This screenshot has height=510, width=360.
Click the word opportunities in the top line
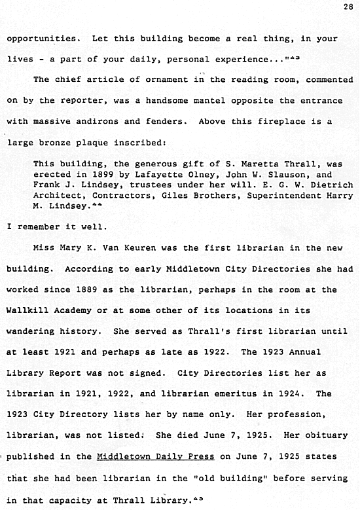[x=42, y=39]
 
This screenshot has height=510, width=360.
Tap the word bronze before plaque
[x=73, y=141]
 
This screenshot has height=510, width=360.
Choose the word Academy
[x=75, y=310]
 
